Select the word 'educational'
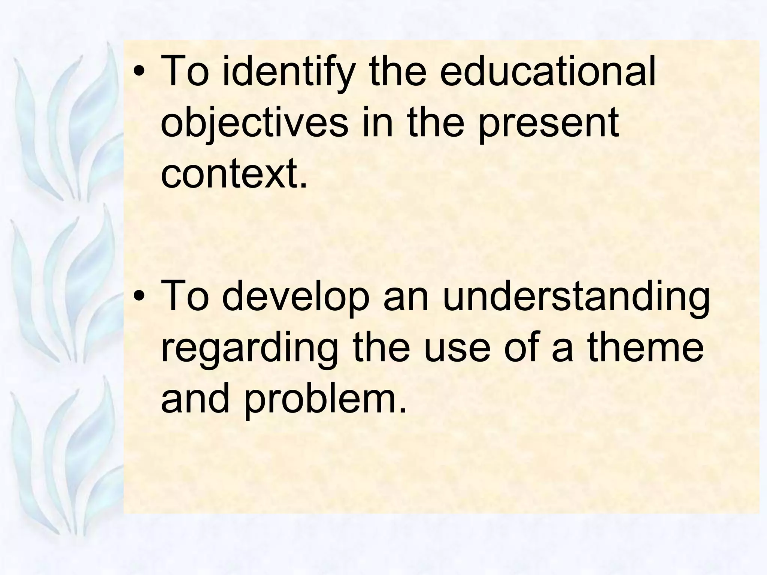(x=548, y=71)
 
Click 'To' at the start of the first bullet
(x=185, y=71)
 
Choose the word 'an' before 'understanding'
(x=406, y=298)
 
